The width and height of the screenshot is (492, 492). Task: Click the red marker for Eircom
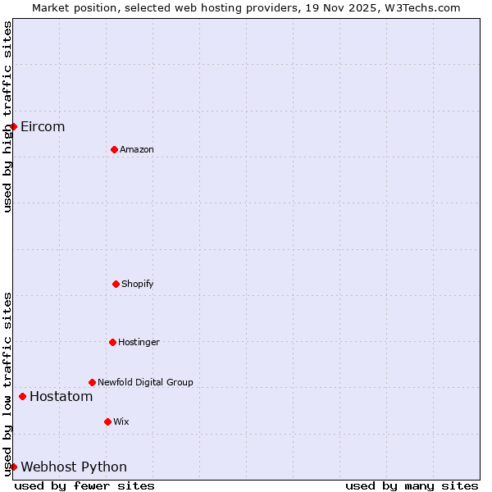[13, 126]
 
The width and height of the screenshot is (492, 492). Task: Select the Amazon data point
[114, 149]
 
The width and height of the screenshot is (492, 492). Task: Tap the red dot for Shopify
[116, 284]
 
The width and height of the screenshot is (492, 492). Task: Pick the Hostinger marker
[112, 342]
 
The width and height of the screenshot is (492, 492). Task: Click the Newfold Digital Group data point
[92, 382]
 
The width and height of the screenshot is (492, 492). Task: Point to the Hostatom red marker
[22, 397]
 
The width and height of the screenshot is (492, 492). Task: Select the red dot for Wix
[107, 421]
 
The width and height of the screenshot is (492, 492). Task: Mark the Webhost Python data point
[13, 467]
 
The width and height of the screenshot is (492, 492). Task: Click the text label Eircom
[43, 126]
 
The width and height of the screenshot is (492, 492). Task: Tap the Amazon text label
[137, 149]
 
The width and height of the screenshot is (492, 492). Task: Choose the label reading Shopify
[138, 284]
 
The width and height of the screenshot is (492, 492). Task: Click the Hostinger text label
[139, 342]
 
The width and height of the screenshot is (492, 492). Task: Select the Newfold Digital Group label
[145, 382]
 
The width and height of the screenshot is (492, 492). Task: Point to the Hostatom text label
[61, 397]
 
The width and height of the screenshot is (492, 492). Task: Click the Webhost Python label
[74, 467]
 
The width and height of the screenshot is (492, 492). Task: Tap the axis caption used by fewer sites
[84, 485]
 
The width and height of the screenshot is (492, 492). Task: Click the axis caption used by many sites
[412, 485]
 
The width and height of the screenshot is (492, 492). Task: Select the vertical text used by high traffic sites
[7, 116]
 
